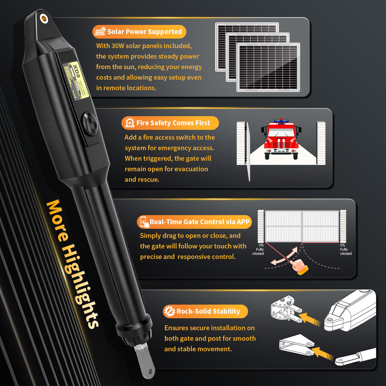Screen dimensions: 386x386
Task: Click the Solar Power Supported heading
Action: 145,32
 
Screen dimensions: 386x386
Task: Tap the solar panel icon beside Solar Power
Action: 100,32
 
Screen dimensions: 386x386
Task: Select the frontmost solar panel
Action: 268,67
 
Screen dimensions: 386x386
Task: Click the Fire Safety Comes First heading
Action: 173,123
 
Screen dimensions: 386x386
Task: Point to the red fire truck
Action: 281,140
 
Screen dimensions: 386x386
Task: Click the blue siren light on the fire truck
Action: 281,120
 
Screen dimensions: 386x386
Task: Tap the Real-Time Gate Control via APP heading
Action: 199,222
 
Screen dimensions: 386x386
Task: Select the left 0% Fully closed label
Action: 259,249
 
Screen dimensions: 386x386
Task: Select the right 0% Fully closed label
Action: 345,249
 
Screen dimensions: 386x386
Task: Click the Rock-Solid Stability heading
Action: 208,311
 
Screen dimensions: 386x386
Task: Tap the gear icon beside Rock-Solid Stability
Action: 170,311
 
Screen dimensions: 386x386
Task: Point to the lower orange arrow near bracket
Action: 322,353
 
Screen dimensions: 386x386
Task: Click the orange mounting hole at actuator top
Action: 44,18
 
